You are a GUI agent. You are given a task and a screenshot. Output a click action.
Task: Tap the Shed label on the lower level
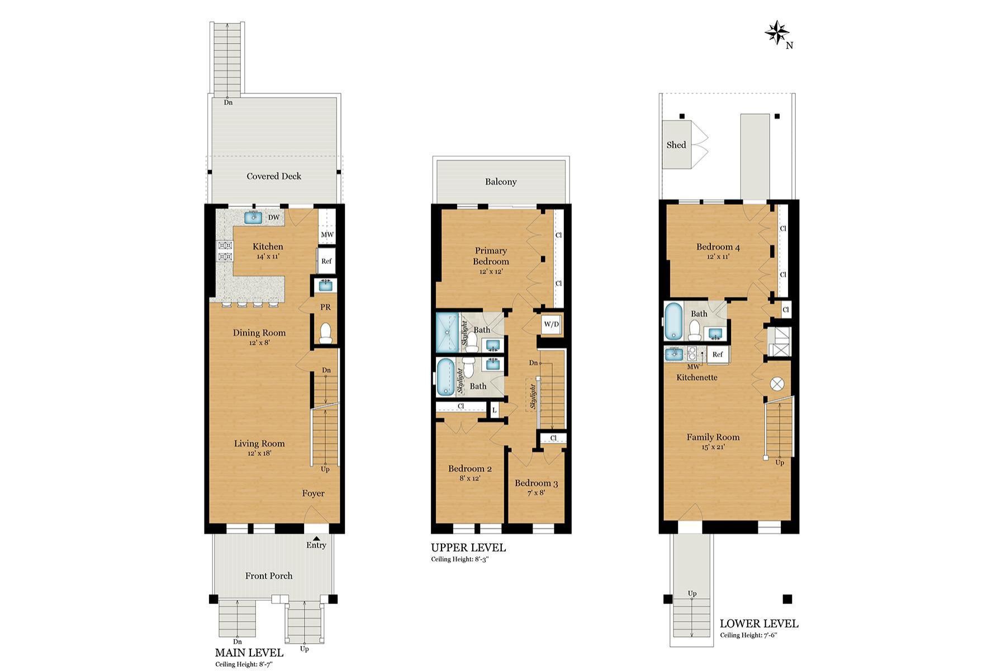[676, 145]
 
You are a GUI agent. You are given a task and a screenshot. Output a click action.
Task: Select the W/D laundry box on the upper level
[551, 324]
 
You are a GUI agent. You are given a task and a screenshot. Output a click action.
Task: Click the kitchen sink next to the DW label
[254, 217]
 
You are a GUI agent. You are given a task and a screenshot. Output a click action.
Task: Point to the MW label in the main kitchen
[327, 234]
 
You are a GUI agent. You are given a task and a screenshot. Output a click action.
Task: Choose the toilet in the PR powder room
[325, 333]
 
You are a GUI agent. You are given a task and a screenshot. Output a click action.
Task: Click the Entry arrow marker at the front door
[316, 538]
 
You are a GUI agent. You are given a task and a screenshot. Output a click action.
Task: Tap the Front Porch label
[269, 576]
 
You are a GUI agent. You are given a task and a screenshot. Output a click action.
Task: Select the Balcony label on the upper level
[500, 182]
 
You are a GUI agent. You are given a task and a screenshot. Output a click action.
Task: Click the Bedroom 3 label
[536, 483]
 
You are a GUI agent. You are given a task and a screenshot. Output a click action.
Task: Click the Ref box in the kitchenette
[718, 355]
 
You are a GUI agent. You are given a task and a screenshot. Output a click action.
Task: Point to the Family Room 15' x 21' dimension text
[713, 447]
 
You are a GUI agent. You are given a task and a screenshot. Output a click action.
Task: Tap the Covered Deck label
[274, 176]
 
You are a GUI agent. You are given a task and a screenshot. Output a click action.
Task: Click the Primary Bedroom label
[491, 256]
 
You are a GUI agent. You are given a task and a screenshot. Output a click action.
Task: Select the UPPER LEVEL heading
[468, 547]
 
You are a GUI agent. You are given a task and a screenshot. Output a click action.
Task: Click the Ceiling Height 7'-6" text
[748, 635]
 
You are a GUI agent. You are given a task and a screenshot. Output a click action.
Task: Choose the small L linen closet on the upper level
[494, 410]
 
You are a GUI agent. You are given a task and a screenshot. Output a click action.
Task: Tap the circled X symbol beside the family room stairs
[777, 384]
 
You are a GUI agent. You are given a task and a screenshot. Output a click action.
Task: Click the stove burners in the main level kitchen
[225, 251]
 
